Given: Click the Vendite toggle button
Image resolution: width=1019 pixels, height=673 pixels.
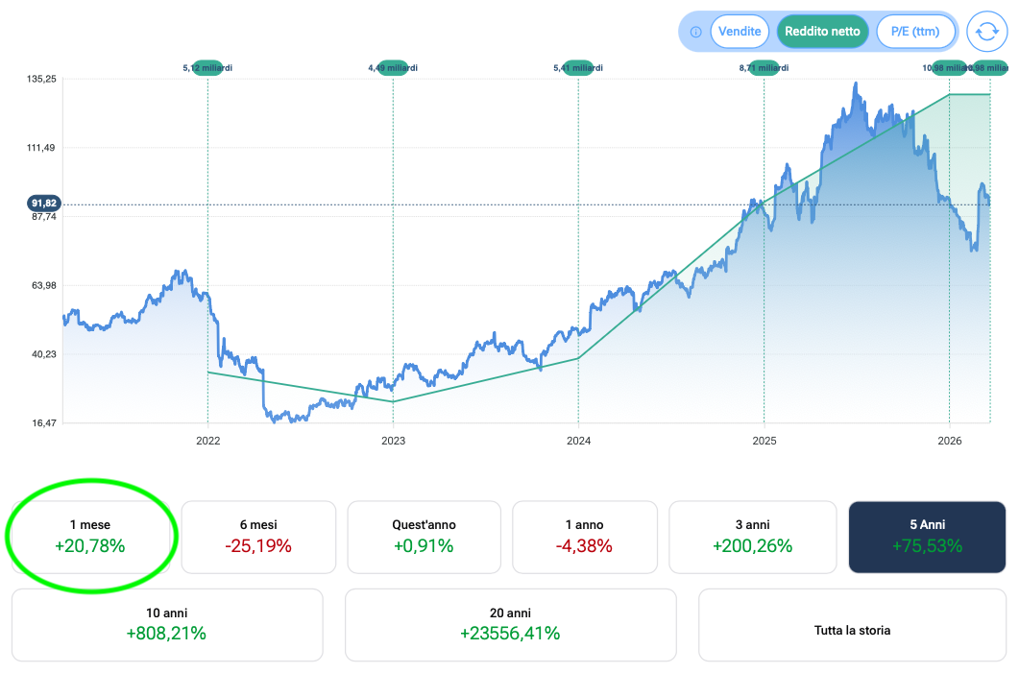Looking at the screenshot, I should pos(740,32).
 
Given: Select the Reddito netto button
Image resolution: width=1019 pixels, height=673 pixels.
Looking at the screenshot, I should pos(822,32).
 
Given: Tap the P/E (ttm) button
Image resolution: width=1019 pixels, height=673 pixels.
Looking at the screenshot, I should pos(914,32).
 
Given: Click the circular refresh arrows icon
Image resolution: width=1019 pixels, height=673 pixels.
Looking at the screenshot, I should pos(986,32).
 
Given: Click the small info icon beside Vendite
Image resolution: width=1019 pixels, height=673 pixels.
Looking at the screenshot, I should pos(695,32).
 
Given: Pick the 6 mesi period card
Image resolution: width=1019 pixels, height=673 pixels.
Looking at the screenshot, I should pos(258,537).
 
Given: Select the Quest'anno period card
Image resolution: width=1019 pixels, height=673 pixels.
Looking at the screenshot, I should pos(424,537).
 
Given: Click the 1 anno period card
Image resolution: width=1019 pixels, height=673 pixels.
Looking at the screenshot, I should pos(584,537).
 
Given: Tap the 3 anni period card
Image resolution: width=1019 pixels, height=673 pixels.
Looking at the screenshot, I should pos(752,537).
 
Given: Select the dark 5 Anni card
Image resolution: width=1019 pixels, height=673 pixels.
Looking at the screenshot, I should pos(927,537).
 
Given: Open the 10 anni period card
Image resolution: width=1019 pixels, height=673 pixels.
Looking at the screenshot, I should pos(166,624).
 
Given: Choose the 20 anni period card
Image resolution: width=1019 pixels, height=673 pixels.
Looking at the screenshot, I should pos(510,624).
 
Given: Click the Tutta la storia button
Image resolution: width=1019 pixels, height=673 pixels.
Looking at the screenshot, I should pos(852,631).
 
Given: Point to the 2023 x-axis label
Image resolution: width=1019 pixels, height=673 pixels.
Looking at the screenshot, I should pos(393,441).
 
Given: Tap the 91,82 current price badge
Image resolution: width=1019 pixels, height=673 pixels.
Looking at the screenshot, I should pos(44,204).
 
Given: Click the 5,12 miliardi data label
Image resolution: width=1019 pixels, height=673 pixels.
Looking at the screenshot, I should pos(207,68).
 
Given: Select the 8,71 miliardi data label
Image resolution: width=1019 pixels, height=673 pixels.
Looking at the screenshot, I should pos(764,68).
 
